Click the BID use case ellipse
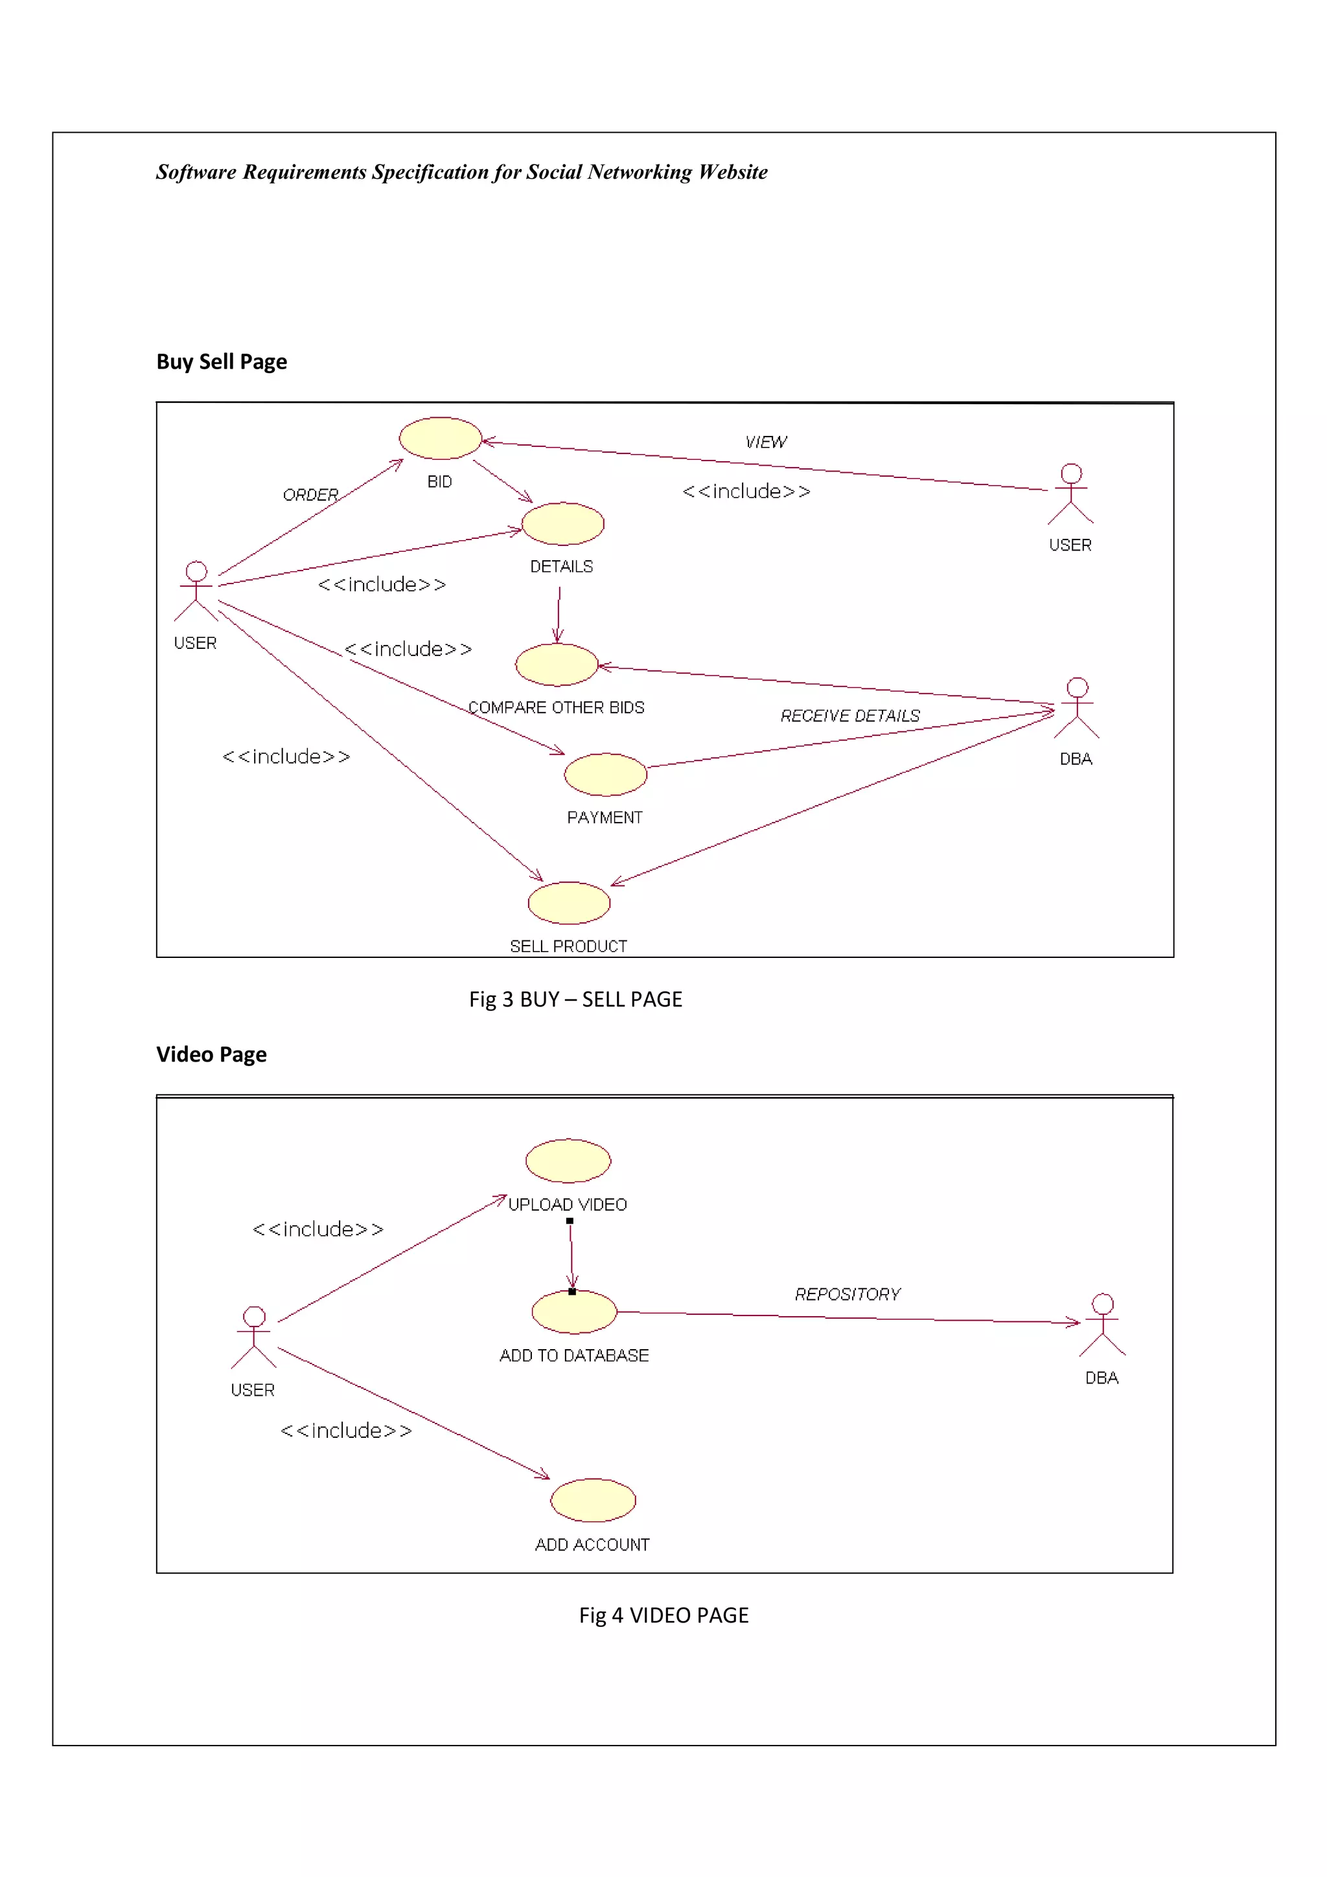pyautogui.click(x=440, y=438)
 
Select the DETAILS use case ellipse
pyautogui.click(x=562, y=524)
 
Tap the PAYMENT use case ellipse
pyautogui.click(x=605, y=774)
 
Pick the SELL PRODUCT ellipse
pyautogui.click(x=569, y=902)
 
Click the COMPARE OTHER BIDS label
pyautogui.click(x=556, y=708)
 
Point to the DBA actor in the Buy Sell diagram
pyautogui.click(x=1077, y=708)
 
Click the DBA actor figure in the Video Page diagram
pyautogui.click(x=1102, y=1325)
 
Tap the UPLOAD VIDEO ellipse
pyautogui.click(x=568, y=1160)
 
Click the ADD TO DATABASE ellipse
pyautogui.click(x=574, y=1312)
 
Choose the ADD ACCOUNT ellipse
pyautogui.click(x=593, y=1499)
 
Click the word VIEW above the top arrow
pyautogui.click(x=765, y=442)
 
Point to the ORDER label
pyautogui.click(x=310, y=495)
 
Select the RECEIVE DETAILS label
pyautogui.click(x=849, y=716)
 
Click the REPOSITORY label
pyautogui.click(x=847, y=1294)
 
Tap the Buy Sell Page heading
pyautogui.click(x=222, y=361)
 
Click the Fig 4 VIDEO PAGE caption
pyautogui.click(x=663, y=1615)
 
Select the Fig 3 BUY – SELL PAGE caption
pyautogui.click(x=575, y=999)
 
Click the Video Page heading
pyautogui.click(x=211, y=1054)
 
